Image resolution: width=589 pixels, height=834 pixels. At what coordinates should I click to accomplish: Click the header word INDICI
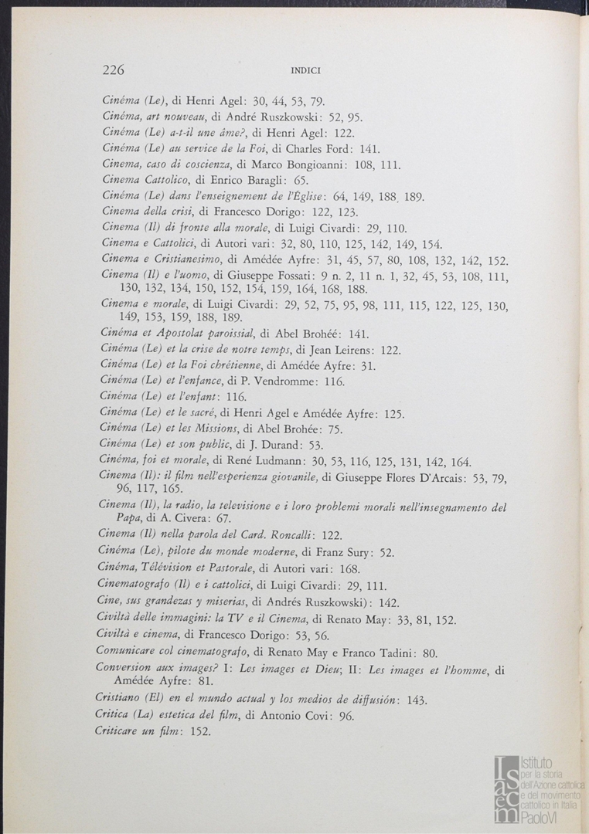[305, 71]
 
